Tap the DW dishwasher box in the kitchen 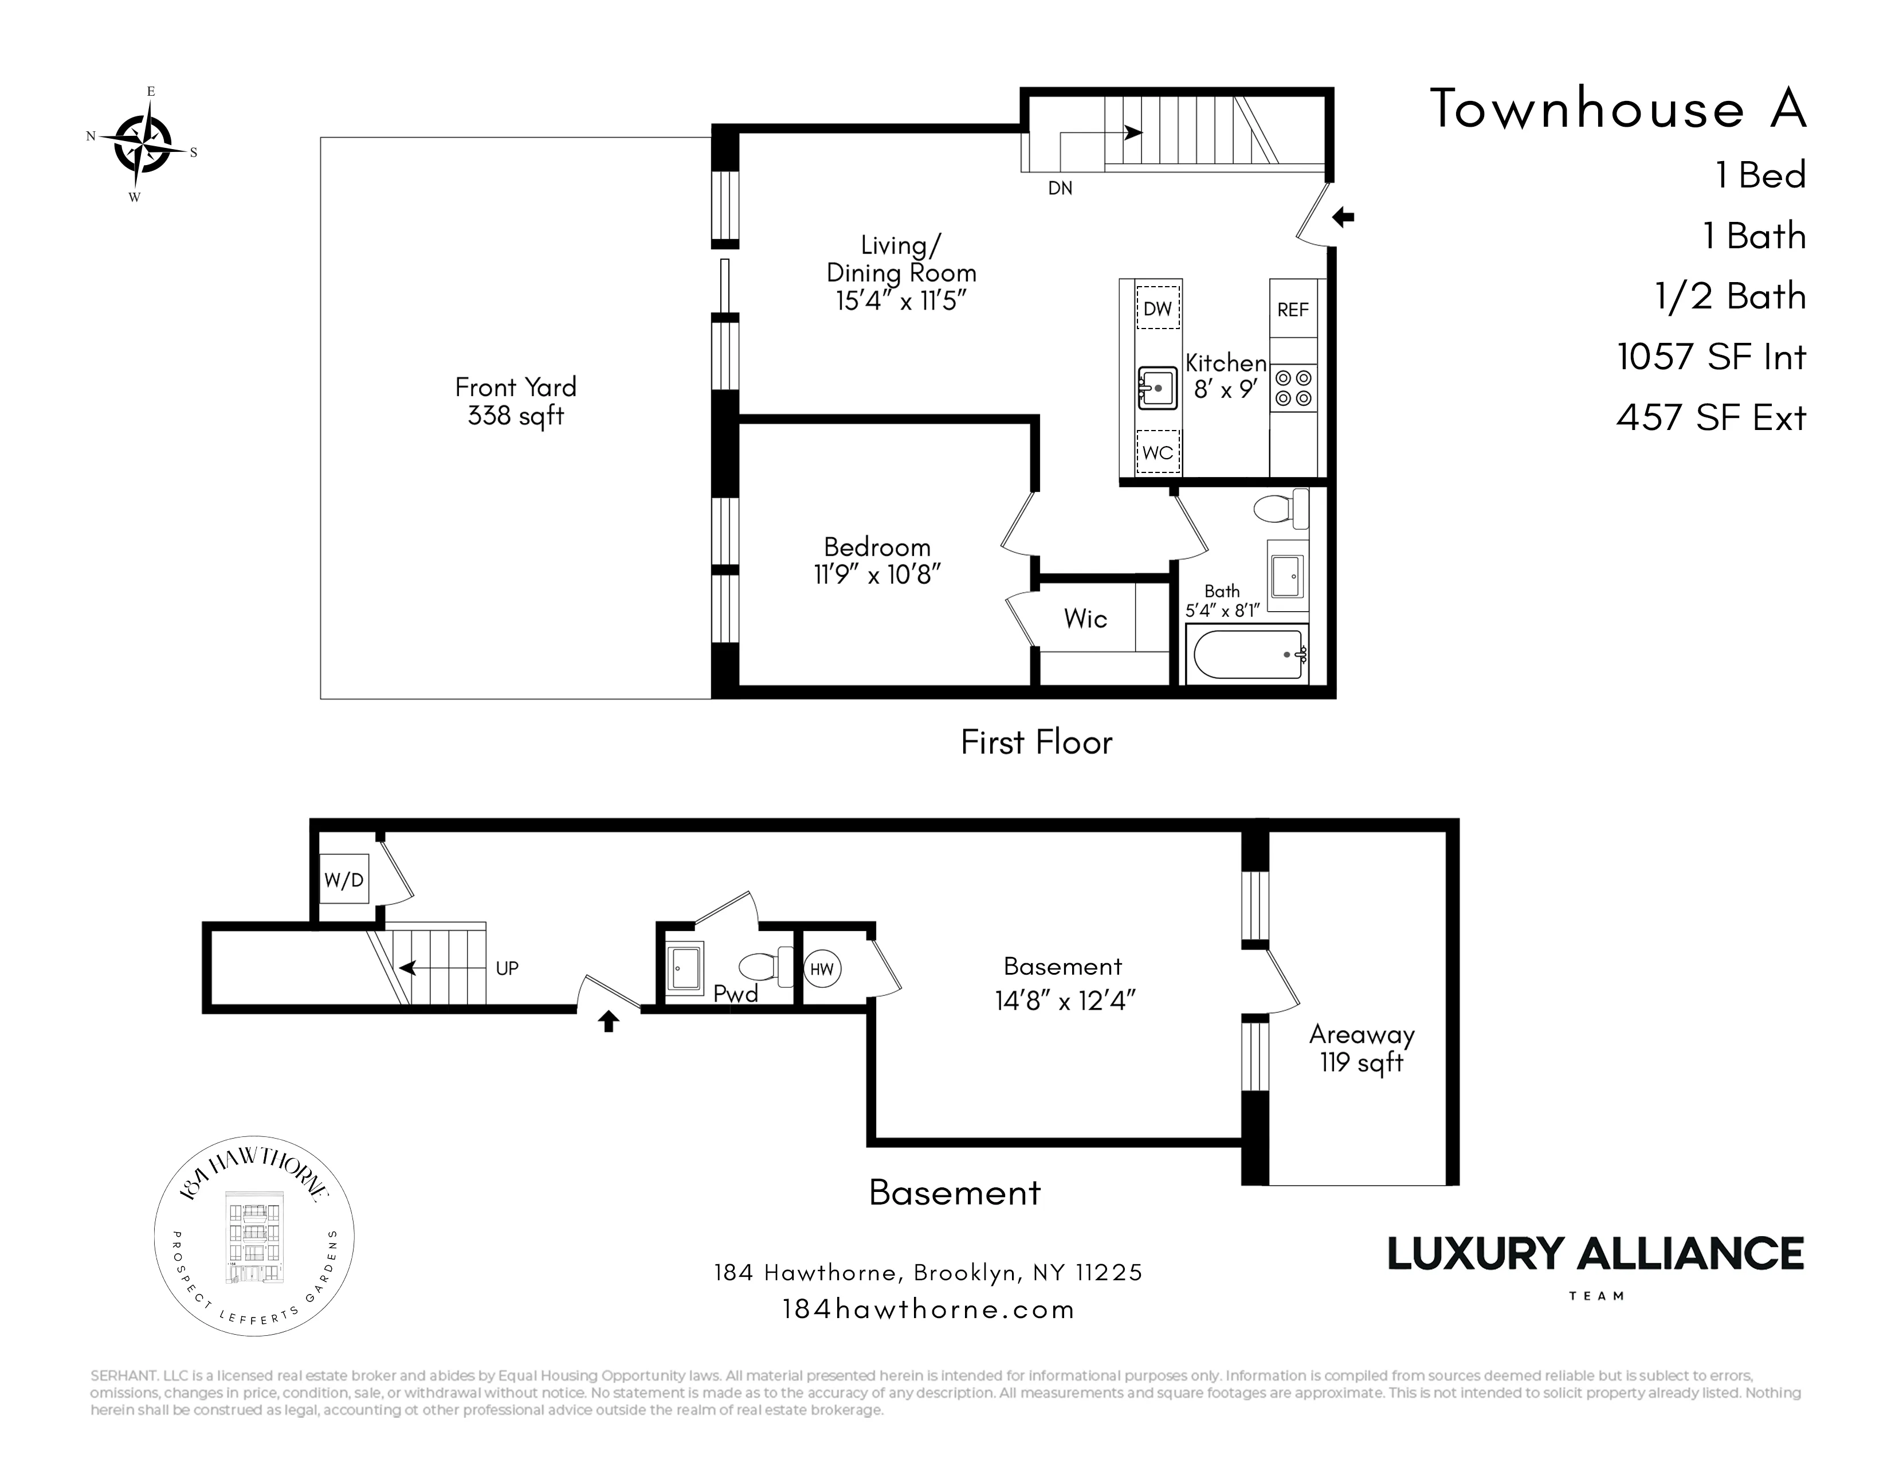[x=1158, y=309]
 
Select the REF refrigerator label [x=1293, y=309]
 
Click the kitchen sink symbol [x=1158, y=388]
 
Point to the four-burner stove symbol [x=1293, y=388]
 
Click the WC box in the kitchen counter [x=1158, y=452]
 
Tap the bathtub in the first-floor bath [x=1247, y=655]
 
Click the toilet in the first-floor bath [x=1281, y=509]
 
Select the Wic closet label [x=1085, y=619]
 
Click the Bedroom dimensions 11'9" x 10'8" [x=877, y=574]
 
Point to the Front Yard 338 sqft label [x=516, y=401]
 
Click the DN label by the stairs [x=1060, y=188]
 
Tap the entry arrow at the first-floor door [x=1343, y=217]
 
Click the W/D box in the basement [x=344, y=880]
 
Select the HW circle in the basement [x=822, y=968]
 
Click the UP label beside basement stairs [x=507, y=968]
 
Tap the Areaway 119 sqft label [x=1361, y=1048]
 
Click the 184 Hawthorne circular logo [x=254, y=1236]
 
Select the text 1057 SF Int [x=1711, y=357]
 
